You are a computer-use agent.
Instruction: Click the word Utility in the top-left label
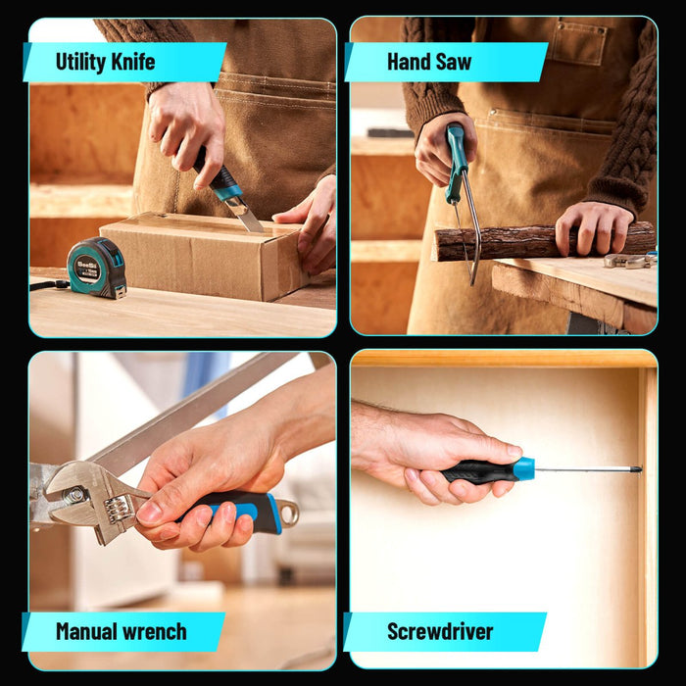point(81,62)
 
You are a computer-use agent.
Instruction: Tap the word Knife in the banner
point(133,61)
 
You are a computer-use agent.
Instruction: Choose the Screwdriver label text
point(440,632)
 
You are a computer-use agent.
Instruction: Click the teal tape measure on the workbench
point(97,268)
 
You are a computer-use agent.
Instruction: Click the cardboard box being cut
point(204,256)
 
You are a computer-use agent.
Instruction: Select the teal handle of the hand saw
point(456,163)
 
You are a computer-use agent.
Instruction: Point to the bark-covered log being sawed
point(543,242)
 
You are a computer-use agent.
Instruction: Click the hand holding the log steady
point(592,227)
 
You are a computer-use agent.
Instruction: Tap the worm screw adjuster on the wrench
point(118,509)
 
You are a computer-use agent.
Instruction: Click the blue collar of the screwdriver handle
point(524,468)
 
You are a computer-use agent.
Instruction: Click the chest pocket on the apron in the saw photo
point(578,42)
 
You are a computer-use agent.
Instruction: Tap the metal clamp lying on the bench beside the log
point(630,261)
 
